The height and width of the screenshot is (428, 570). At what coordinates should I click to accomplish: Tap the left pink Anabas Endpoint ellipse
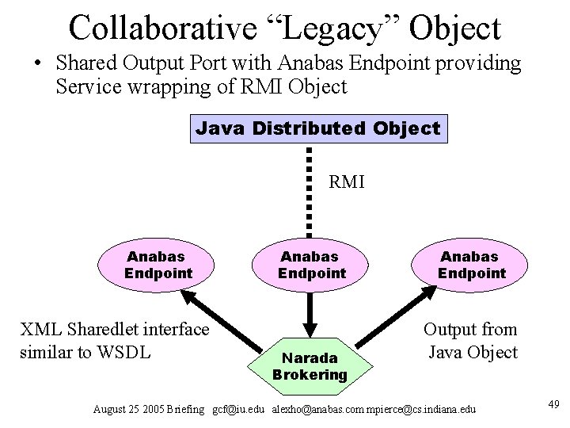[158, 265]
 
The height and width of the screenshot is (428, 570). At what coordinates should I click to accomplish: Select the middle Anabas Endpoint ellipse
[312, 265]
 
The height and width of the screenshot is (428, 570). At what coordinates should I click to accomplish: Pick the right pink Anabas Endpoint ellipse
[472, 265]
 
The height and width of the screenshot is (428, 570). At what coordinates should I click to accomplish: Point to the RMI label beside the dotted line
[346, 182]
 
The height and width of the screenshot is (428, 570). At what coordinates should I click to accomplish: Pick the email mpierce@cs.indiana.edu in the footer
[427, 409]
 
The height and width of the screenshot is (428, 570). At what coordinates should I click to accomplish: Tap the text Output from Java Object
[471, 340]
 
